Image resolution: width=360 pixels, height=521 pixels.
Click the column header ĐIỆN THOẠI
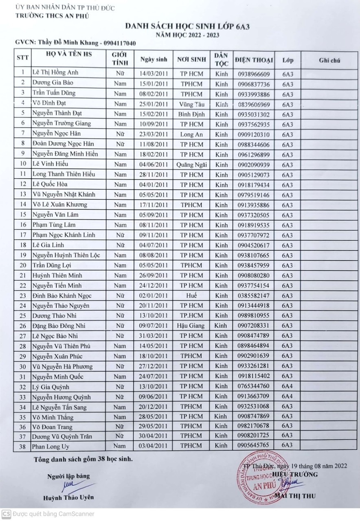click(253, 61)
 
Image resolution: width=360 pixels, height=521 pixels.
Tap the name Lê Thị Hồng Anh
click(55, 73)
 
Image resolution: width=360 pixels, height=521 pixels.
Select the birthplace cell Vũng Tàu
click(191, 104)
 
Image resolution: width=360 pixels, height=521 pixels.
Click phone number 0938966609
click(253, 74)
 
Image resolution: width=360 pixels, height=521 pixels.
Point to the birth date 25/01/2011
click(154, 104)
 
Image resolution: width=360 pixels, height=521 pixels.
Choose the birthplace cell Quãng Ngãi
click(191, 164)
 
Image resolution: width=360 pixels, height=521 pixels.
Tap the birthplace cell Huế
click(191, 296)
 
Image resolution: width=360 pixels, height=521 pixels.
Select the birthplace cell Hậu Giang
click(191, 326)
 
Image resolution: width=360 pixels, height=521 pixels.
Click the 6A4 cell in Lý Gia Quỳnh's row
click(288, 386)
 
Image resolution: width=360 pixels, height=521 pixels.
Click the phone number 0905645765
click(253, 445)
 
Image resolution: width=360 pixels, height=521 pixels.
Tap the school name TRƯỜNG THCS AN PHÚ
click(52, 16)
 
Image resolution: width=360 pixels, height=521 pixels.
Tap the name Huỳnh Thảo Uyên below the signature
click(69, 497)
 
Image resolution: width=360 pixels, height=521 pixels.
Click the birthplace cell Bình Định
click(191, 114)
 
